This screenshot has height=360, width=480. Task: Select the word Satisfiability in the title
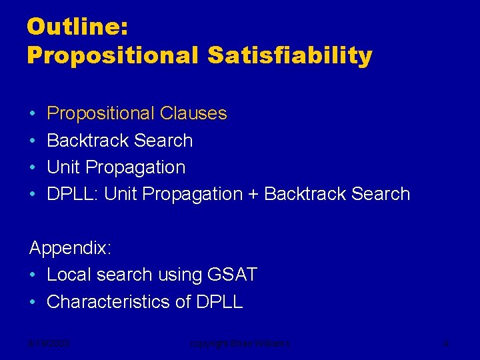tap(289, 55)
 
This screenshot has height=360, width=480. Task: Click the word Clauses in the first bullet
tap(193, 114)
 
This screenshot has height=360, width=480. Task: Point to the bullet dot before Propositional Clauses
tap(33, 114)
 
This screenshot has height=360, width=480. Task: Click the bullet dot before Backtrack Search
tap(33, 141)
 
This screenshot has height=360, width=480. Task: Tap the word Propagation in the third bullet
tap(135, 167)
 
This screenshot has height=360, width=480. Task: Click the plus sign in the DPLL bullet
tap(253, 195)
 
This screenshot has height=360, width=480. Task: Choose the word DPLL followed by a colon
tap(73, 194)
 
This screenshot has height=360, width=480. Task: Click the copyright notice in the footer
tap(240, 344)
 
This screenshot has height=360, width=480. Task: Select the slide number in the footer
tap(445, 344)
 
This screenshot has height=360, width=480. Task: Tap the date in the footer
tap(50, 344)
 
